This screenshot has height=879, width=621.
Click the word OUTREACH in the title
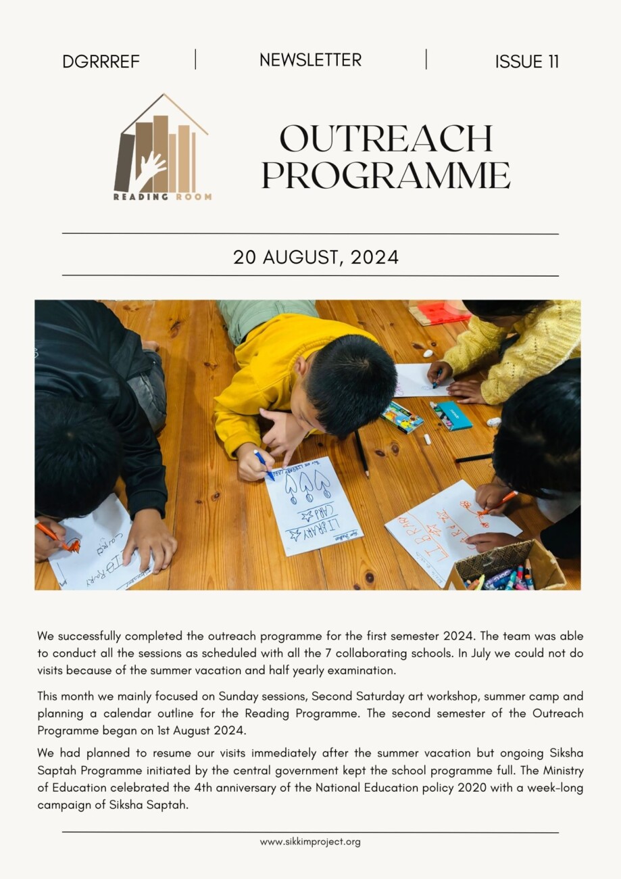[x=386, y=139]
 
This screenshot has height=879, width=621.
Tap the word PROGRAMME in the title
[x=386, y=175]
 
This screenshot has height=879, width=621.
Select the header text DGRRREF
[x=101, y=62]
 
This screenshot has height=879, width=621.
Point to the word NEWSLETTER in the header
[x=310, y=60]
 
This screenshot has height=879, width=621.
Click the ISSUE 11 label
[x=526, y=62]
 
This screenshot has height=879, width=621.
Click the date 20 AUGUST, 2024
[x=316, y=258]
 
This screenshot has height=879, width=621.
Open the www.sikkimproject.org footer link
[x=310, y=842]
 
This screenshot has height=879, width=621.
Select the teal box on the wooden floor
[x=454, y=416]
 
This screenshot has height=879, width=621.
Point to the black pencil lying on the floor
[x=362, y=454]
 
